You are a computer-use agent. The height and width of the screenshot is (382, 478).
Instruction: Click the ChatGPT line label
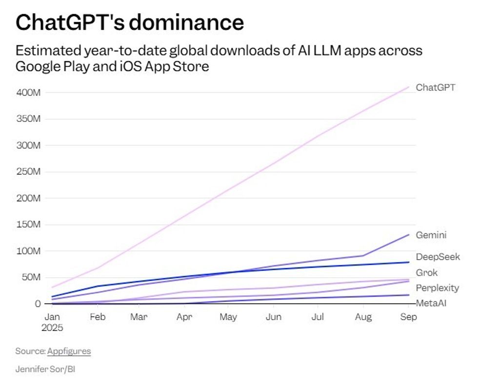click(x=435, y=88)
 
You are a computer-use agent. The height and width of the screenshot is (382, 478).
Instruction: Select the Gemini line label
click(x=431, y=235)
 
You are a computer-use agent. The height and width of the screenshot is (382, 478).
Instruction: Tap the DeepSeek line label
click(x=438, y=257)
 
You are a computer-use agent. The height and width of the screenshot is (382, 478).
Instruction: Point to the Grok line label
click(x=427, y=272)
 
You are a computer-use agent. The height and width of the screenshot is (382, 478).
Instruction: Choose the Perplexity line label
click(x=437, y=288)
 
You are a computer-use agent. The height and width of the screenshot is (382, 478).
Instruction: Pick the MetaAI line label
click(x=431, y=303)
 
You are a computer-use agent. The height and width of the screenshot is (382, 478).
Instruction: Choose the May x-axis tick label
click(x=228, y=317)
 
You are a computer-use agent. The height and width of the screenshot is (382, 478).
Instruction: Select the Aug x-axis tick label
click(x=363, y=317)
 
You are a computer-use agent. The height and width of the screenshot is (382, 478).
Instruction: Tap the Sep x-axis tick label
click(x=408, y=317)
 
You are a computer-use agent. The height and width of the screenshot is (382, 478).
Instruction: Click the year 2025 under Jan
click(x=52, y=327)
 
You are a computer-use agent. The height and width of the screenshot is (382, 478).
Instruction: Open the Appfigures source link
click(x=69, y=351)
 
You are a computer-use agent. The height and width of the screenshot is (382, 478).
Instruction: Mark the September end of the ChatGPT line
click(x=409, y=87)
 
